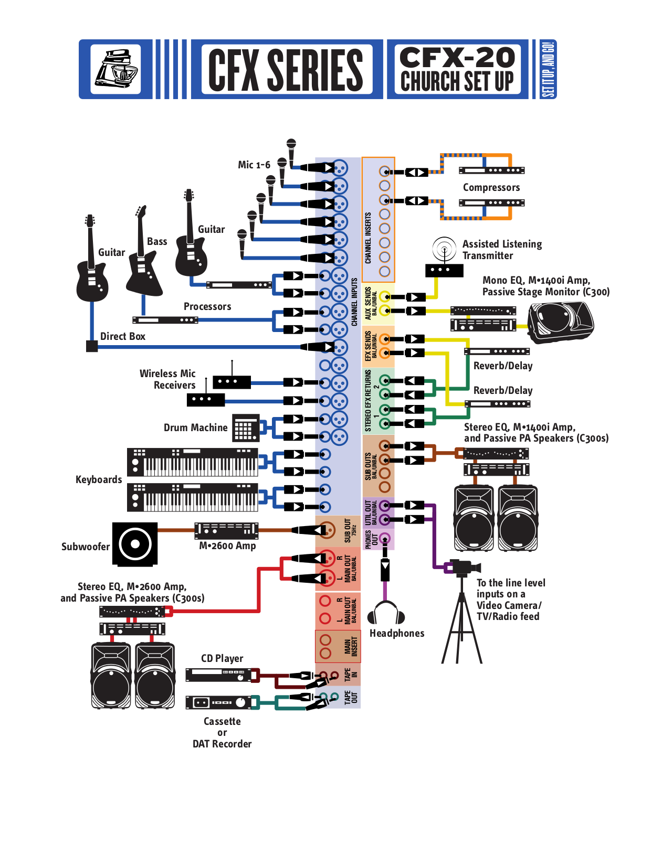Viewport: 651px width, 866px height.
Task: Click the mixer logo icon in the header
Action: (x=115, y=69)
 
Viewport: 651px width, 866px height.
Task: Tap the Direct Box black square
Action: (x=92, y=346)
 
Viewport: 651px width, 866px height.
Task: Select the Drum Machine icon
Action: (x=246, y=427)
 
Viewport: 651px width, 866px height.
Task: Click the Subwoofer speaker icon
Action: (x=135, y=544)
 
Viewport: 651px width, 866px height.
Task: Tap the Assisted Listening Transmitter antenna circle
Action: (x=444, y=248)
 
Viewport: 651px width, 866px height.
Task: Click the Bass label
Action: (x=157, y=241)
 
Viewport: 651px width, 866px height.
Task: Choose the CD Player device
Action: (x=218, y=676)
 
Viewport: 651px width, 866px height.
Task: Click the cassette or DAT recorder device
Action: (x=218, y=702)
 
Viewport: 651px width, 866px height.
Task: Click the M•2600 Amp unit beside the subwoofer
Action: (x=226, y=530)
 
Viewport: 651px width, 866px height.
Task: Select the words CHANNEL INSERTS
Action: (x=368, y=238)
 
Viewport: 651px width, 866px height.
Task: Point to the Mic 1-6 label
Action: (x=254, y=165)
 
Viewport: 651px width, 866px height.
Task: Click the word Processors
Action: (x=207, y=306)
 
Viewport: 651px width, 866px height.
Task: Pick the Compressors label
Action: (x=491, y=187)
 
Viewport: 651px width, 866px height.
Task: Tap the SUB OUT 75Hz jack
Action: (x=327, y=530)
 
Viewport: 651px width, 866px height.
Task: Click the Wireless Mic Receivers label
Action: (x=168, y=379)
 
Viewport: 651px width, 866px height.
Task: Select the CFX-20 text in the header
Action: (x=457, y=57)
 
